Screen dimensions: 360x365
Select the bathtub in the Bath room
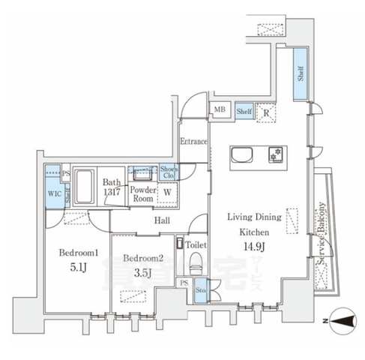[x=84, y=184]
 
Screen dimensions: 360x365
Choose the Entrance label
[x=193, y=141]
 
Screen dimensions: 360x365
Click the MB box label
[x=220, y=111]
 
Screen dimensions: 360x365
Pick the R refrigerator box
[x=265, y=113]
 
